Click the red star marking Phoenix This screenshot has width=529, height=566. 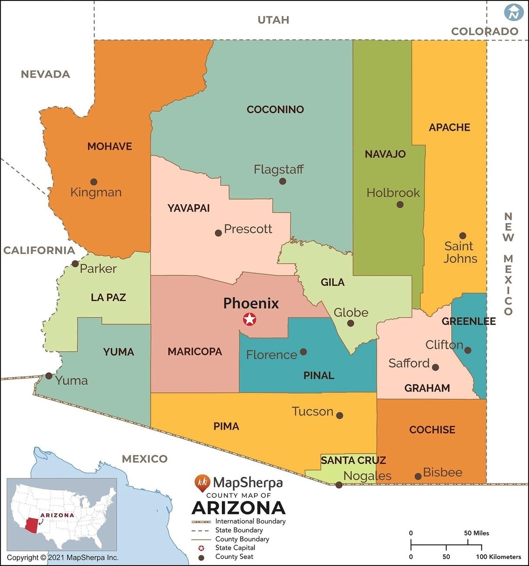pos(250,319)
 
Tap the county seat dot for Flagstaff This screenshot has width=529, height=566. pos(283,181)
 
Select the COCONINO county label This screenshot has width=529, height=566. pos(275,109)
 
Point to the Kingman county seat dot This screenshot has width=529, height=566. pos(94,182)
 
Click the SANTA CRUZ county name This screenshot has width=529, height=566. pos(353,460)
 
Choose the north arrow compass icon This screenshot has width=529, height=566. pos(514,13)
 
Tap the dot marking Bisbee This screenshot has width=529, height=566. pos(418,476)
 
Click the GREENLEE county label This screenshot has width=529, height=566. pos(468,321)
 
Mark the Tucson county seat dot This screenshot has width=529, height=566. pos(340,416)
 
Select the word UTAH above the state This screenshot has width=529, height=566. pos(273,20)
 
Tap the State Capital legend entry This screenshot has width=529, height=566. pos(235,548)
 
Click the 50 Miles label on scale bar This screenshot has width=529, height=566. pos(476,533)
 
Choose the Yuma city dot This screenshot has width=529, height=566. pos(49,376)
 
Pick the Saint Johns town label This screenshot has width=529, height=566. pos(460,252)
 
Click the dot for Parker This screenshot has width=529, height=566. pos(75,264)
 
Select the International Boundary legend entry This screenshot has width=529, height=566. pos(250,521)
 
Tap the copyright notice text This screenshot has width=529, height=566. pos(63,558)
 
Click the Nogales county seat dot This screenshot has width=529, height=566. pos(339,484)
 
